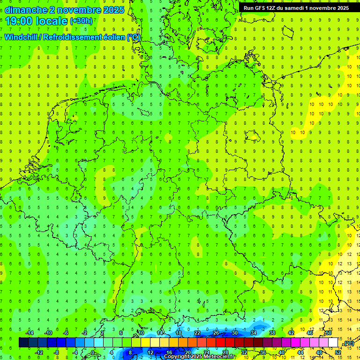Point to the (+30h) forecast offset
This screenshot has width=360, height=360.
click(x=81, y=21)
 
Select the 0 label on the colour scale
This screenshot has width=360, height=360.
click(x=93, y=352)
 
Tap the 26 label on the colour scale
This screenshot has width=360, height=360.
click(x=216, y=333)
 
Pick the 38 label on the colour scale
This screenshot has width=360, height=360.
click(x=272, y=333)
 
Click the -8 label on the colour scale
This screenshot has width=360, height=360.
click(x=56, y=352)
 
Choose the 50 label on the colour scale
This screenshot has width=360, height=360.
click(x=329, y=333)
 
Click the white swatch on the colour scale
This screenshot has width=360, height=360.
click(x=333, y=343)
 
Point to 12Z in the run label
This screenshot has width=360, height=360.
click(x=272, y=8)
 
